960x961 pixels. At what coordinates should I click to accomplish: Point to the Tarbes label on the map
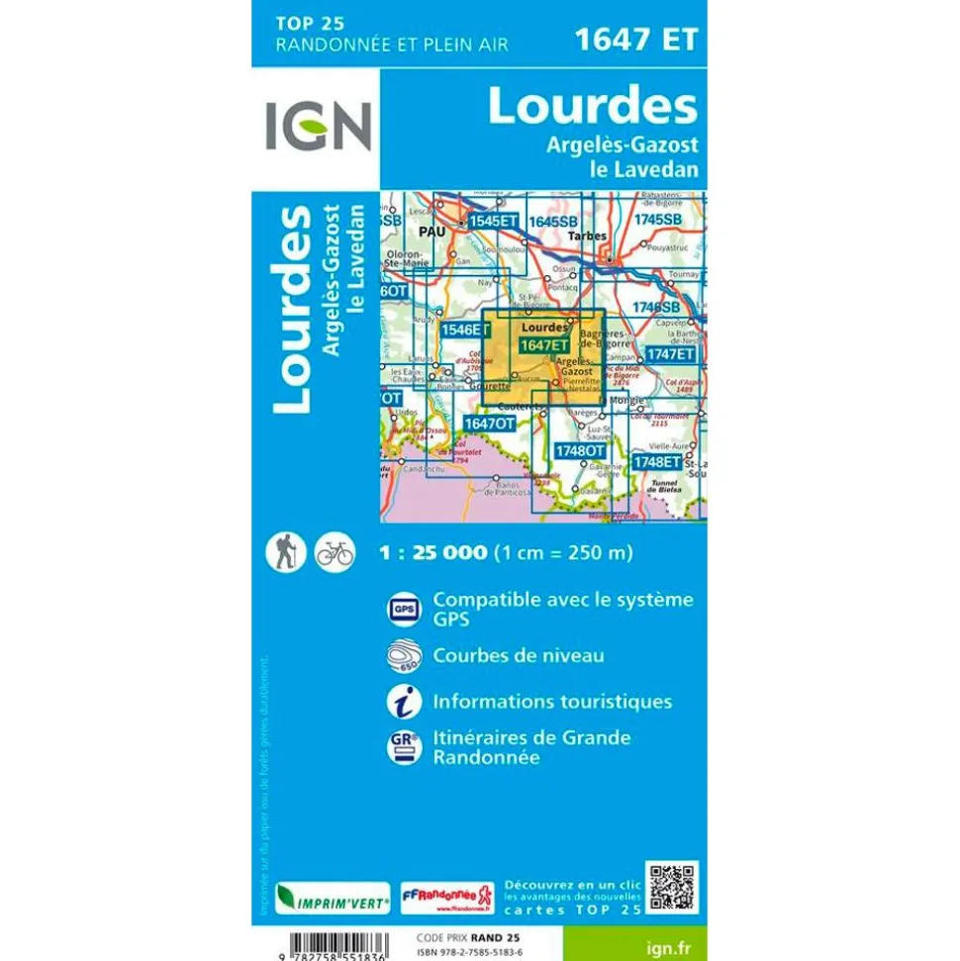590,235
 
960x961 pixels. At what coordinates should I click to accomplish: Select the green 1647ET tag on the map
544,344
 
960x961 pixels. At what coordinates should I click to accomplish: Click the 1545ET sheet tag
493,221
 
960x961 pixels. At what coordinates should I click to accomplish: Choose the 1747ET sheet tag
670,353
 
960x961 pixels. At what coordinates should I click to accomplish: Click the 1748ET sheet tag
659,461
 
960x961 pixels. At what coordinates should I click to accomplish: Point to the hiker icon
285,551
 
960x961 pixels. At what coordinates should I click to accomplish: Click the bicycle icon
335,552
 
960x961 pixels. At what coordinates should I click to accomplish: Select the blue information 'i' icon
403,701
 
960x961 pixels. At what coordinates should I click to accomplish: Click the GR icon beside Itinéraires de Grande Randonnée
403,747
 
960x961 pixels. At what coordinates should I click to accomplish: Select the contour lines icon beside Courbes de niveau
403,656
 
